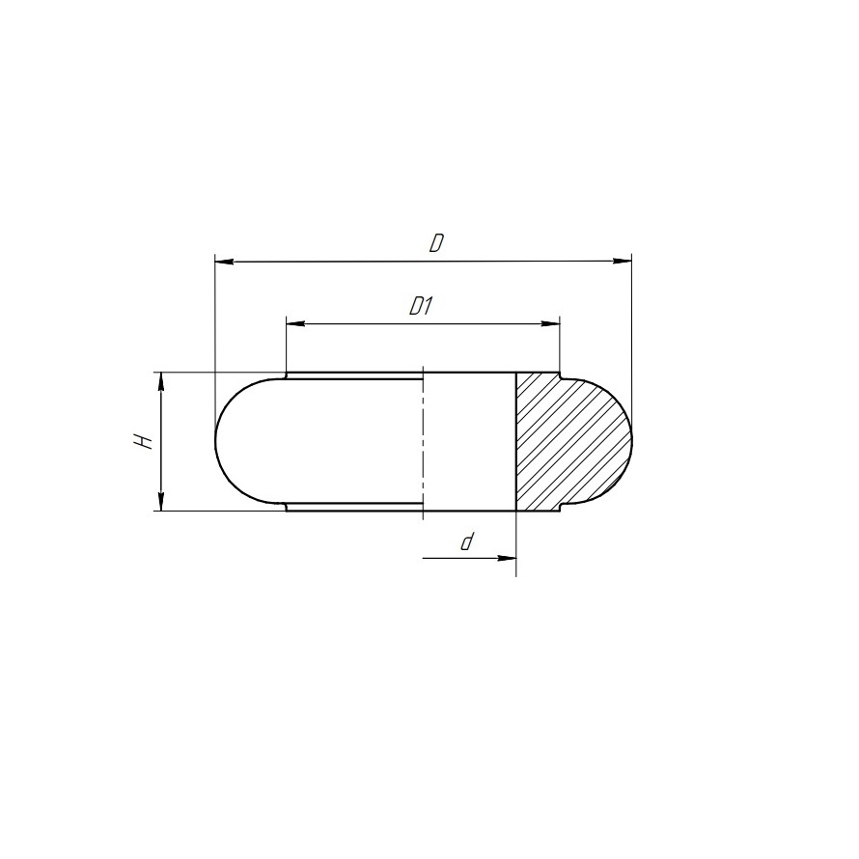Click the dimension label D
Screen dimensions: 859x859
(436, 243)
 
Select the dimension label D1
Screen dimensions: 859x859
(422, 306)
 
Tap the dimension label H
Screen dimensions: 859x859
(143, 441)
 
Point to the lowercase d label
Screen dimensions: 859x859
(467, 542)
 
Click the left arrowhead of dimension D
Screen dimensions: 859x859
(225, 262)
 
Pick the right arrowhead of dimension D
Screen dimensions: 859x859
(622, 262)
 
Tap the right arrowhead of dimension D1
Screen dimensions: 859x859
(550, 323)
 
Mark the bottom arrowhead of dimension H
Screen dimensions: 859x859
(161, 501)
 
